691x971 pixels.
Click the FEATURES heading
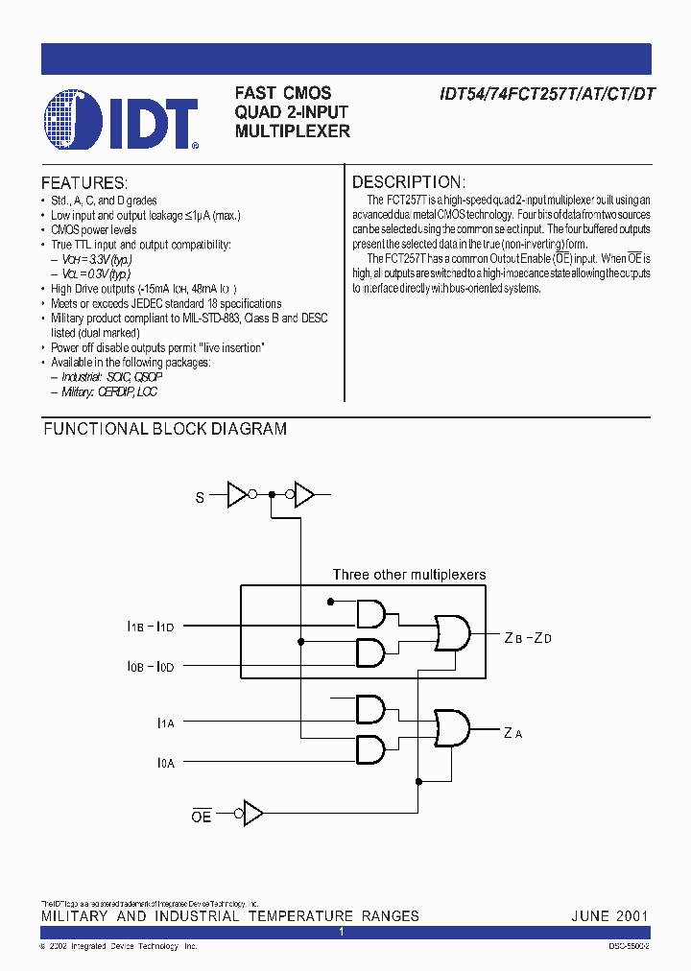(84, 182)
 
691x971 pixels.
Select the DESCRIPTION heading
(409, 182)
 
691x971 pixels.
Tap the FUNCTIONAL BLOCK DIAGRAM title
(165, 429)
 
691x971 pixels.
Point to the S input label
(200, 497)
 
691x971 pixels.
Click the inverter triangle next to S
(236, 495)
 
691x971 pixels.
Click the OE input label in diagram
(201, 816)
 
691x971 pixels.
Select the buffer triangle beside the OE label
(253, 814)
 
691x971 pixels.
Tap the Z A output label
(512, 734)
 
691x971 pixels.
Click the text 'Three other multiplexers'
(409, 575)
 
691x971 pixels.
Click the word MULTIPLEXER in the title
(293, 131)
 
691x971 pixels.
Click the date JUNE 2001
(609, 915)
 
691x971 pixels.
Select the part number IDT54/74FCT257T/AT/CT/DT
(547, 94)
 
